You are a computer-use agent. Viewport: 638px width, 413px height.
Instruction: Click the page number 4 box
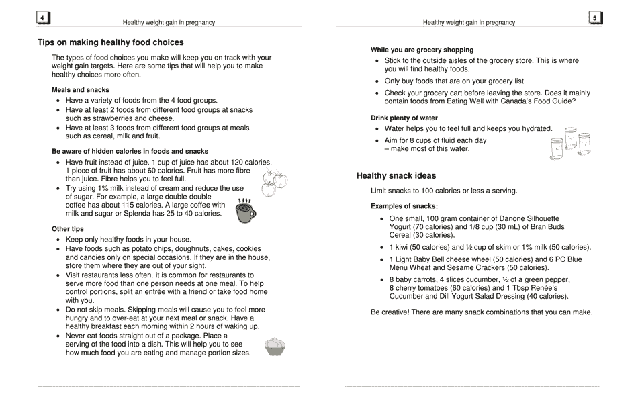tap(42, 18)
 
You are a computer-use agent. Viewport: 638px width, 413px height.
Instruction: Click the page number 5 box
tap(594, 18)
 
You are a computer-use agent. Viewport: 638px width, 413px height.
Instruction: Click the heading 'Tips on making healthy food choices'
tap(110, 42)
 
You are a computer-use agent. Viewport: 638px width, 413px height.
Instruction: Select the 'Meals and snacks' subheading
tap(80, 90)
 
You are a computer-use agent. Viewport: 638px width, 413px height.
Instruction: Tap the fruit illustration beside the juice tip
tap(273, 182)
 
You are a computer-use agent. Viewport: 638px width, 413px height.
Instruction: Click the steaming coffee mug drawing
tap(246, 211)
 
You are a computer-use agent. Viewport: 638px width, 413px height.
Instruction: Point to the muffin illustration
tap(275, 347)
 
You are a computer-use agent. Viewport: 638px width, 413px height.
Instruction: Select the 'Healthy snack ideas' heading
tap(396, 176)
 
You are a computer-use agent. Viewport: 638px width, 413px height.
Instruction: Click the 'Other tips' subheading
tap(67, 229)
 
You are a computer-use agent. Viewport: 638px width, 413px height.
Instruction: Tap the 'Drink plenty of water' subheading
tap(404, 118)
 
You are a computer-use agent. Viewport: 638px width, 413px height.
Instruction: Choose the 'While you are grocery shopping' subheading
tap(422, 50)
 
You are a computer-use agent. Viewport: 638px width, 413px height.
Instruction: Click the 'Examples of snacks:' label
tap(404, 206)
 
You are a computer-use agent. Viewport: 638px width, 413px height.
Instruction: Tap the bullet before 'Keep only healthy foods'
tap(58, 240)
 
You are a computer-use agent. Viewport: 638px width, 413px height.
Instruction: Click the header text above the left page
tap(169, 22)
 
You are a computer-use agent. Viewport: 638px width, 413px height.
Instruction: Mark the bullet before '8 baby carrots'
tap(382, 280)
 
